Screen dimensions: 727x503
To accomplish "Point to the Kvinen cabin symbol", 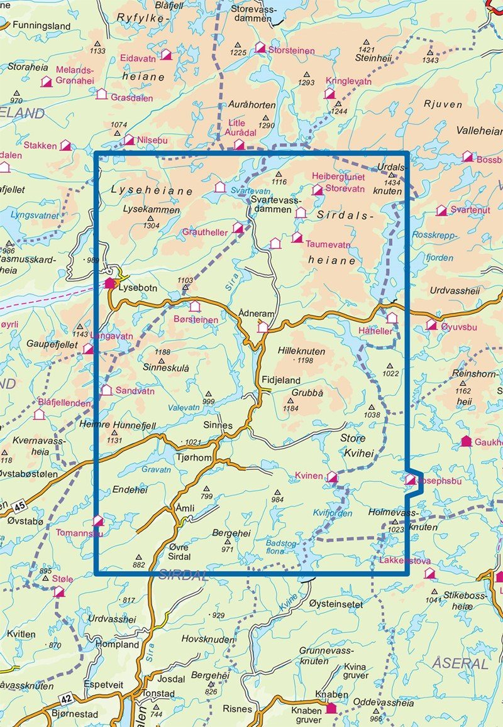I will (332, 478).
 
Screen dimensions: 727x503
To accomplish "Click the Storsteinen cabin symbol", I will (260, 48).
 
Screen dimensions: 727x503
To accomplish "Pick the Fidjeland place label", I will (281, 381).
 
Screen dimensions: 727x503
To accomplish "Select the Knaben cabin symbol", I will (331, 709).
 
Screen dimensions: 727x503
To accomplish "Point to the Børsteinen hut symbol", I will (195, 307).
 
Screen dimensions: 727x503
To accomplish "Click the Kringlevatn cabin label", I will (348, 82).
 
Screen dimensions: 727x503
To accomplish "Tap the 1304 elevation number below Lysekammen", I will (151, 224).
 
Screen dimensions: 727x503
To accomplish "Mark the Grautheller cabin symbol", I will (238, 227).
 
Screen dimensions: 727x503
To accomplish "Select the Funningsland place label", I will (38, 26).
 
